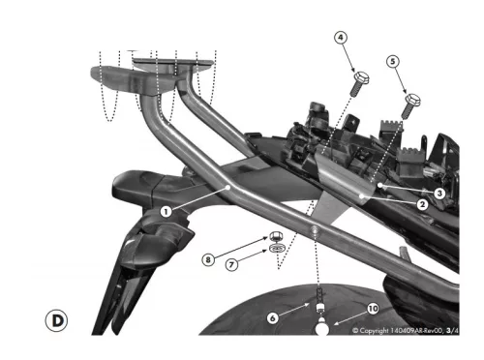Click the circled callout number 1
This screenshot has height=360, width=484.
pos(166,212)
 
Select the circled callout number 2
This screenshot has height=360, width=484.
pos(422,204)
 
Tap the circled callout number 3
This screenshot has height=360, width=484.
pos(439,194)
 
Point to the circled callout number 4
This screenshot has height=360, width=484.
pos(341,38)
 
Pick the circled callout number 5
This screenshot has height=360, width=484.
pos(393,61)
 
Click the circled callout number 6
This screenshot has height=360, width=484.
pos(273,318)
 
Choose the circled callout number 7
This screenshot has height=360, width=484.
pos(231,265)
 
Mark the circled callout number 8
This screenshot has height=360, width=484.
pos(208,259)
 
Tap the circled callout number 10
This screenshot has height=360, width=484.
pos(373,309)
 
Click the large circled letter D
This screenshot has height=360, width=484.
pos(57,320)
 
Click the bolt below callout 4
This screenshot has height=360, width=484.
pos(359,84)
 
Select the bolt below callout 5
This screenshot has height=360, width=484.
pos(410,105)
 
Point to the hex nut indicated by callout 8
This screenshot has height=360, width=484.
pos(276,236)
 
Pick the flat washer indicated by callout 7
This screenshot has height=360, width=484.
pos(277,248)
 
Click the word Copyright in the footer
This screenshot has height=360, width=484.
pos(374,331)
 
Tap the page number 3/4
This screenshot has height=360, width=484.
pos(453,330)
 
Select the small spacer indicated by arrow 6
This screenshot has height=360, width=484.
pos(319,307)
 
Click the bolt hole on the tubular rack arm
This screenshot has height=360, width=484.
pos(314,229)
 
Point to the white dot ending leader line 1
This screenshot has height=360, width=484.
pos(228,187)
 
